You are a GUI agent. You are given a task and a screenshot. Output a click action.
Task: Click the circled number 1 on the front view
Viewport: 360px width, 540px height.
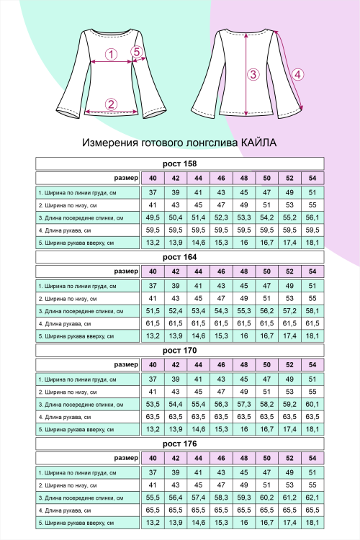click(x=111, y=54)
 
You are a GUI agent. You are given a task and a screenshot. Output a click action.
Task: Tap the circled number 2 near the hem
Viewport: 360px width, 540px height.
click(x=111, y=104)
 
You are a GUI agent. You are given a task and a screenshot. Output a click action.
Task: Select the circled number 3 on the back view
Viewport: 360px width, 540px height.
click(x=253, y=74)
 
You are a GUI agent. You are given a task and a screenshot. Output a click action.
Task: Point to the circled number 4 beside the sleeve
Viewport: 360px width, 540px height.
click(x=297, y=73)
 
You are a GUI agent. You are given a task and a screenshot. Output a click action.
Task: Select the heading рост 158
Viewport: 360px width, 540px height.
click(x=180, y=163)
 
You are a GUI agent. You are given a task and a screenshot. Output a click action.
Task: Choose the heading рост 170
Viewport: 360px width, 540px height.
click(x=180, y=351)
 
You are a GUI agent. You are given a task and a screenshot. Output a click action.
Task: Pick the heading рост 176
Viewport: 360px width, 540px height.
click(x=180, y=444)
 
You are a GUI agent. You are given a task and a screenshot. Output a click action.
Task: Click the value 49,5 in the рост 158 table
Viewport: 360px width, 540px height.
click(x=153, y=217)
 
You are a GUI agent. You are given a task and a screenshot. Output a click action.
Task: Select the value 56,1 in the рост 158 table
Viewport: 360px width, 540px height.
click(x=312, y=217)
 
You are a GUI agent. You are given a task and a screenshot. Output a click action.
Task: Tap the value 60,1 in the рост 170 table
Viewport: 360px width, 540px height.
click(x=312, y=404)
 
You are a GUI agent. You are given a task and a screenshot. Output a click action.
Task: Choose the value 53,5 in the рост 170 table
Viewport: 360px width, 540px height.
click(x=153, y=404)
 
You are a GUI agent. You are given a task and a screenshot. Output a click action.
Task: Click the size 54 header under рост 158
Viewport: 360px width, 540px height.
click(x=312, y=178)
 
